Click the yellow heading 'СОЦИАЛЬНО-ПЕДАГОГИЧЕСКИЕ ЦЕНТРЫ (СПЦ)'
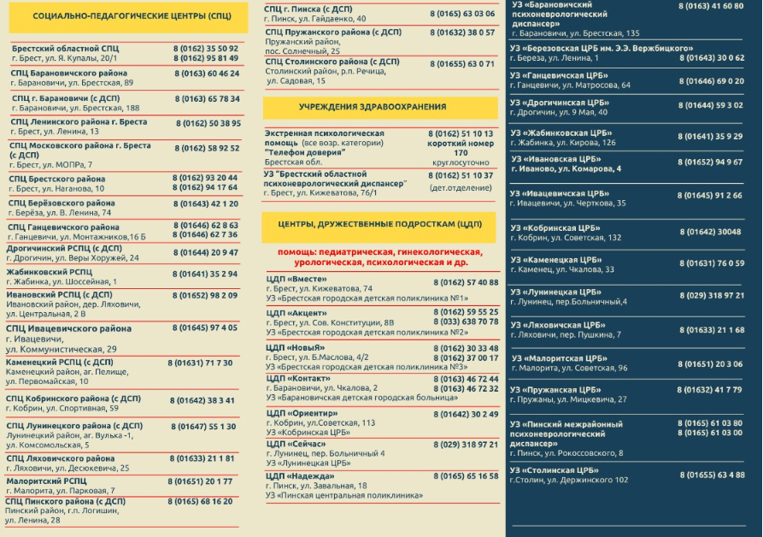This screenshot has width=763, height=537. [131, 16]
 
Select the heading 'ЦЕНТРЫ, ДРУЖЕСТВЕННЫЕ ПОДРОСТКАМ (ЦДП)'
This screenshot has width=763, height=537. [379, 224]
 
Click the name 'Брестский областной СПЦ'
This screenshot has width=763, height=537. [65, 49]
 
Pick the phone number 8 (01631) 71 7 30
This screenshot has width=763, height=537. [200, 363]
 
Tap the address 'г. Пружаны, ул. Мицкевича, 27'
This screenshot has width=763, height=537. [568, 399]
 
